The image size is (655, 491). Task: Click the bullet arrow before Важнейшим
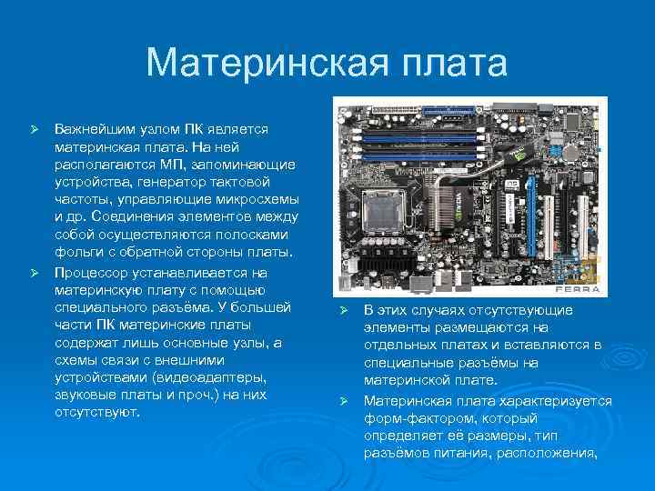tap(36, 131)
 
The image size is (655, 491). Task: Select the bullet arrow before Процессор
tap(36, 273)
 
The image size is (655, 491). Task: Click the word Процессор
tap(92, 272)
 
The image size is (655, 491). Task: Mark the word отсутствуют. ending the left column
tap(97, 412)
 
